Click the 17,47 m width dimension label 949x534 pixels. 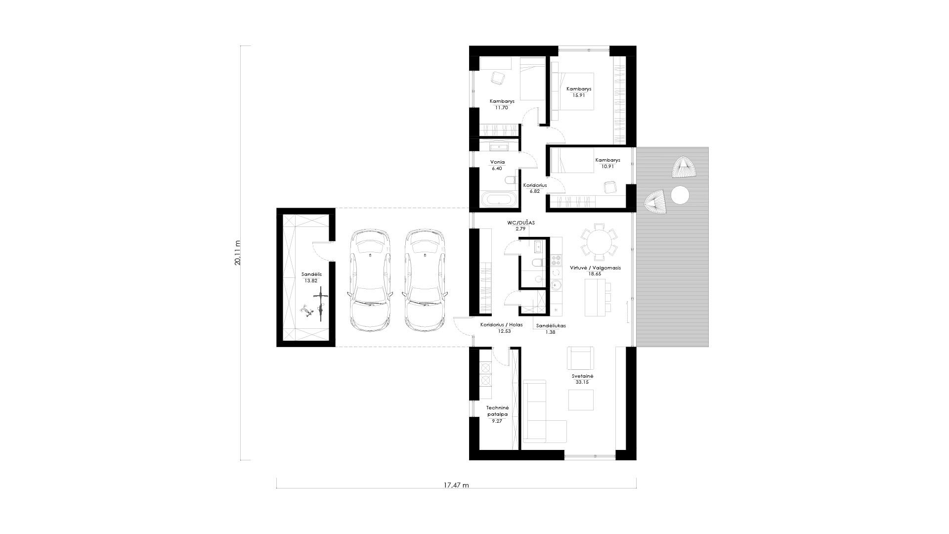(456, 485)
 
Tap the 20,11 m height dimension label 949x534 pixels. (238, 253)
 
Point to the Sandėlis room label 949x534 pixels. (311, 274)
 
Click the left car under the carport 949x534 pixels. (371, 280)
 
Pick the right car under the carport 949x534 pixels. (426, 280)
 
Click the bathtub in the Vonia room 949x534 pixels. (500, 200)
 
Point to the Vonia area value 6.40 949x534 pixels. (497, 168)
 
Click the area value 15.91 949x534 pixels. (579, 95)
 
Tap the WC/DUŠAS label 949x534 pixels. (521, 223)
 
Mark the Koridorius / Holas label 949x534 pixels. (501, 325)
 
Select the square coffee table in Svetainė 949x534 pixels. (580, 400)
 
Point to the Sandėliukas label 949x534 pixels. (551, 326)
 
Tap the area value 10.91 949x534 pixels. (607, 166)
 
